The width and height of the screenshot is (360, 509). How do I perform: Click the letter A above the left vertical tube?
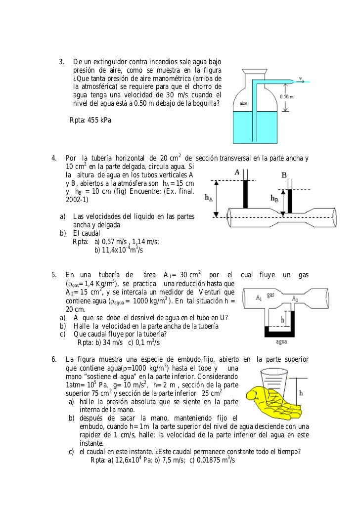point(237,172)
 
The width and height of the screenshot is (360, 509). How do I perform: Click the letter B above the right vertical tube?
point(284,175)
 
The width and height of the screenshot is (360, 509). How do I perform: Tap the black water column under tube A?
point(245,196)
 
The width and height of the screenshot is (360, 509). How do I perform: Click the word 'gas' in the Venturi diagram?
point(270,294)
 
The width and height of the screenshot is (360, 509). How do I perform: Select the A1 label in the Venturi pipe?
point(259,297)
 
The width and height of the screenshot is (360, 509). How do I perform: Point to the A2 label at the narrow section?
point(294,297)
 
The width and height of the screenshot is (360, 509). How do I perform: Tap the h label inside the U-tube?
point(282,320)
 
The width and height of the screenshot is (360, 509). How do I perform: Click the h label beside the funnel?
point(302,394)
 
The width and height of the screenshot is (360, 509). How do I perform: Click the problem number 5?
point(54,275)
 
